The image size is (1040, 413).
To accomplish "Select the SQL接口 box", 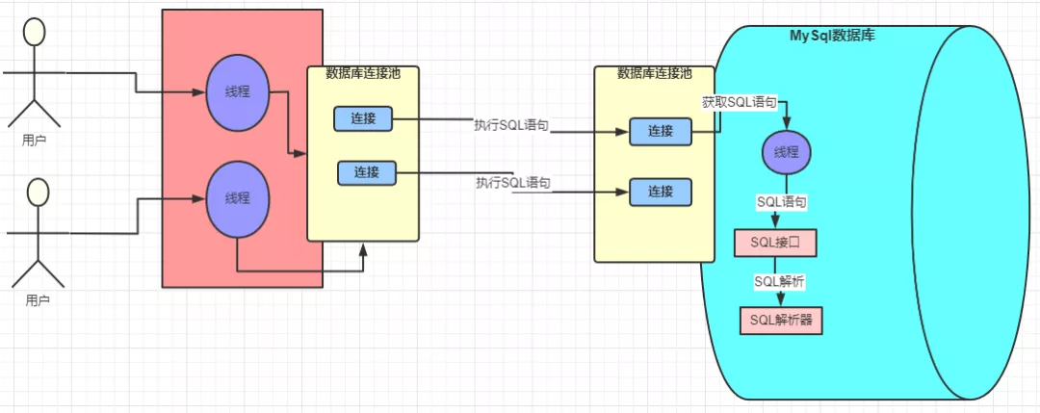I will click(x=775, y=244).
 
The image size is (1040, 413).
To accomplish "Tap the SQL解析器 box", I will click(x=781, y=320).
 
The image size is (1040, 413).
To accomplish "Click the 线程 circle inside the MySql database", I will click(x=787, y=153).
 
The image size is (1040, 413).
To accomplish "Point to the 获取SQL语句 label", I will click(x=739, y=101).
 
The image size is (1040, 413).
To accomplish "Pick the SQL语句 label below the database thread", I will click(x=781, y=203).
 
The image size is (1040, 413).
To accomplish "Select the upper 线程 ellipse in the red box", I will click(x=236, y=91).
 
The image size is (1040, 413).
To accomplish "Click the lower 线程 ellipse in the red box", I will click(x=237, y=198).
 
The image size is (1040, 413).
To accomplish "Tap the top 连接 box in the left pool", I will click(x=362, y=118).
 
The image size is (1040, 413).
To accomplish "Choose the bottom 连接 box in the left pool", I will click(x=366, y=172).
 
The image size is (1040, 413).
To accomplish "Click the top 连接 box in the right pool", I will click(x=660, y=132).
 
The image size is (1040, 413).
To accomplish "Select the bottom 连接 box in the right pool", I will click(x=660, y=192).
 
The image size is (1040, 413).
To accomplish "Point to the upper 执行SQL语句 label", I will click(x=511, y=125).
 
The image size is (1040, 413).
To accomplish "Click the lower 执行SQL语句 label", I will click(x=512, y=183).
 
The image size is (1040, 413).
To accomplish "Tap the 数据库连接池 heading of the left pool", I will click(x=362, y=72).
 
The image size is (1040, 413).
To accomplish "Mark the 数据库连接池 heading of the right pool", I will click(x=654, y=72).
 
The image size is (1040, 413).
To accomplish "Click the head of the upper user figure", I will click(x=35, y=32).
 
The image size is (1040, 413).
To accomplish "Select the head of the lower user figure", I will click(x=37, y=192).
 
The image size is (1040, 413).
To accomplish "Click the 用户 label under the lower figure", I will click(x=37, y=300).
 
